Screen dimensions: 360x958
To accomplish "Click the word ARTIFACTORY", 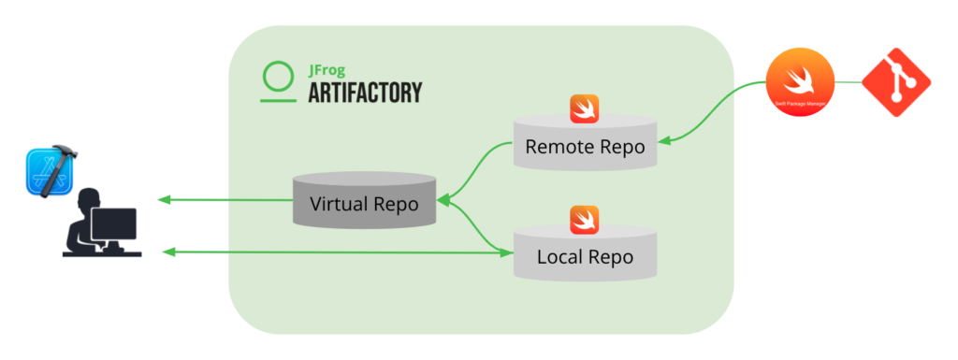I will click(x=365, y=92).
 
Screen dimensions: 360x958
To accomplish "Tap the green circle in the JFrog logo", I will click(x=278, y=75).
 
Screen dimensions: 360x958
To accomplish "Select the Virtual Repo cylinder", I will click(x=364, y=202).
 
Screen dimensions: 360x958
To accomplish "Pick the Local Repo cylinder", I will click(x=585, y=254).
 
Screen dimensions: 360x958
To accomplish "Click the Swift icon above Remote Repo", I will click(x=585, y=108).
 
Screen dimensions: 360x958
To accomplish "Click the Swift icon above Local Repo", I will click(x=585, y=219).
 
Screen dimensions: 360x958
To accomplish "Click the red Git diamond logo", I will click(x=896, y=84).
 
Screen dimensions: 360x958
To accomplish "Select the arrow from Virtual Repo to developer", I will click(x=225, y=200).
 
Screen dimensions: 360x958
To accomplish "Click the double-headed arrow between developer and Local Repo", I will click(x=337, y=252).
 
